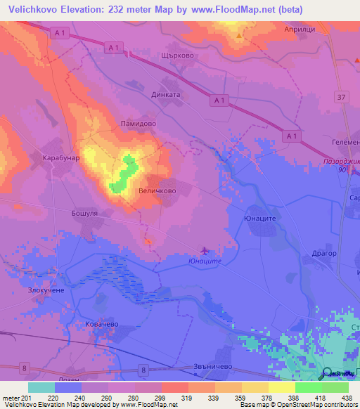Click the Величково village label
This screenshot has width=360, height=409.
click(x=157, y=190)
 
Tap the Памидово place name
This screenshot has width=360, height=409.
click(x=135, y=122)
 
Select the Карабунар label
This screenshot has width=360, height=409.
click(x=61, y=157)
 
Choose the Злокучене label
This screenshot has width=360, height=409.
click(x=47, y=290)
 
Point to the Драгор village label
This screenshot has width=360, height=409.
click(x=324, y=253)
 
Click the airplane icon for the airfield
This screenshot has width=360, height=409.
click(x=205, y=250)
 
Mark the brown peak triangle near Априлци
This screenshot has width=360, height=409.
click(x=239, y=34)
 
